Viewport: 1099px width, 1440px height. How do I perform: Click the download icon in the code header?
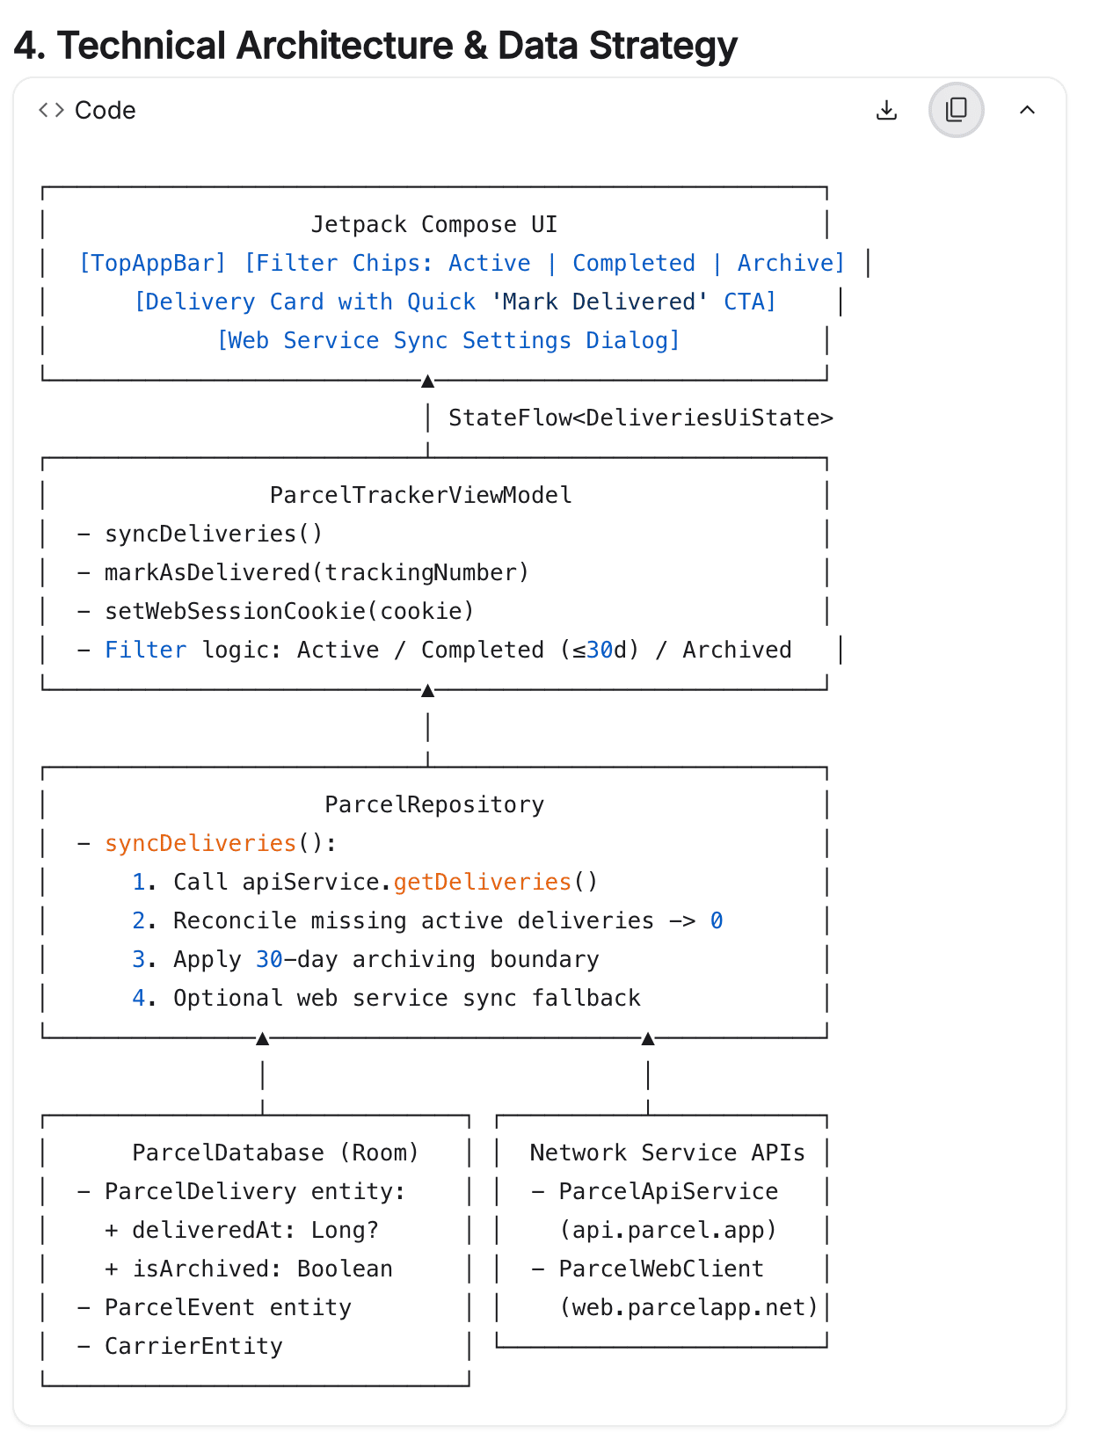[886, 110]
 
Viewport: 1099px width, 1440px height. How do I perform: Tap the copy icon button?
[956, 110]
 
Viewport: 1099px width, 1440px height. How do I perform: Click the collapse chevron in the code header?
[1027, 110]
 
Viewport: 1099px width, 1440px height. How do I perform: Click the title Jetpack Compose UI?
[433, 224]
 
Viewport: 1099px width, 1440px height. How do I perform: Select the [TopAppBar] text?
[152, 263]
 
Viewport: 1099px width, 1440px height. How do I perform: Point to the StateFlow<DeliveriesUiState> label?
[640, 418]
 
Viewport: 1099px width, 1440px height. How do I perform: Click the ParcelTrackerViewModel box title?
[420, 495]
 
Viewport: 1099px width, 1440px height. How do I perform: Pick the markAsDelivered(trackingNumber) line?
[317, 572]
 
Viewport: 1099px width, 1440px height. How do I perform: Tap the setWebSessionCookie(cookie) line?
[288, 611]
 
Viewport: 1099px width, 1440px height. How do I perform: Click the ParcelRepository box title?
[434, 805]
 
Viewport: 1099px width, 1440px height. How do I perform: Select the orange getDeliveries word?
[483, 883]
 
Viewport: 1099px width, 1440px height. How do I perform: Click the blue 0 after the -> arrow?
[717, 921]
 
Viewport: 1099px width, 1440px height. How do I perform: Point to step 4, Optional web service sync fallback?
[386, 999]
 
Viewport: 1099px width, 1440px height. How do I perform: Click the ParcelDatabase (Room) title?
[275, 1153]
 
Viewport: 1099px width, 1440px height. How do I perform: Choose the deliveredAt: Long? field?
[255, 1230]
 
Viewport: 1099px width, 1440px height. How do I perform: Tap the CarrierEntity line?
[193, 1346]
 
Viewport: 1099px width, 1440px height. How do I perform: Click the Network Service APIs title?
[667, 1153]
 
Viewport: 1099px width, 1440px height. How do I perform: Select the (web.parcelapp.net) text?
[688, 1307]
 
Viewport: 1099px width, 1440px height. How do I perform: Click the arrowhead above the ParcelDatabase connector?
[263, 1038]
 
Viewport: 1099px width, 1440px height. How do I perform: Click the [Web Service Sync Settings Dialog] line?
[448, 340]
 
